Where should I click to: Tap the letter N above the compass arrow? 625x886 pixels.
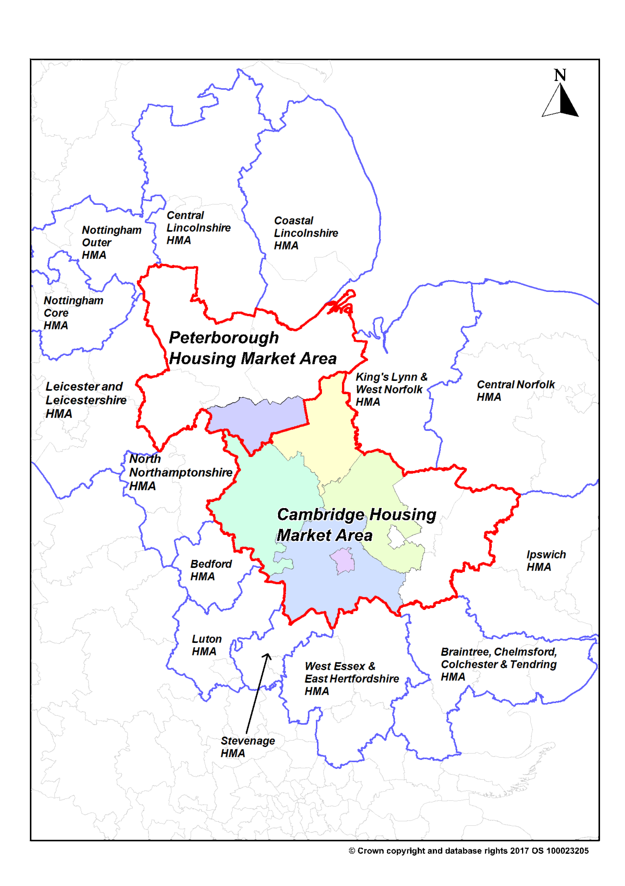[560, 75]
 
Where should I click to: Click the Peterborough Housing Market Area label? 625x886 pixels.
[253, 348]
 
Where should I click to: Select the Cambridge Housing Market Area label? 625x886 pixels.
[356, 525]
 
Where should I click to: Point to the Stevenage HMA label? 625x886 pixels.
[247, 747]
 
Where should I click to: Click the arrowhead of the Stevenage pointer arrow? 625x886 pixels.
[267, 656]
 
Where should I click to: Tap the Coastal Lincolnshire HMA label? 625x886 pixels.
[306, 233]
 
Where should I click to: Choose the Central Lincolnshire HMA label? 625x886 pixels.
[198, 228]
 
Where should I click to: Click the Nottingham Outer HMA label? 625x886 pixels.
[112, 242]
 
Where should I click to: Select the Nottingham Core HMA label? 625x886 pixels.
[73, 313]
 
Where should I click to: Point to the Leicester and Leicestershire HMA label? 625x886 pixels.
[86, 400]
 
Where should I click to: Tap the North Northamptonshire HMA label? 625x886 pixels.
[180, 472]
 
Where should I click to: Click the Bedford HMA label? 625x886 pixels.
[211, 570]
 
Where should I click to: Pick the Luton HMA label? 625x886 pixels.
[207, 645]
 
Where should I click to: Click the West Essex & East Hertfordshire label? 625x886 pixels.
[351, 679]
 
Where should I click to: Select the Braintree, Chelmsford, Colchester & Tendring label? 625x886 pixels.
[499, 664]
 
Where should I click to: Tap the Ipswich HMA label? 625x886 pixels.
[546, 561]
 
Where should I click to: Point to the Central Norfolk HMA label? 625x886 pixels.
[516, 390]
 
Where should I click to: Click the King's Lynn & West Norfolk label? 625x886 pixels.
[391, 389]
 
